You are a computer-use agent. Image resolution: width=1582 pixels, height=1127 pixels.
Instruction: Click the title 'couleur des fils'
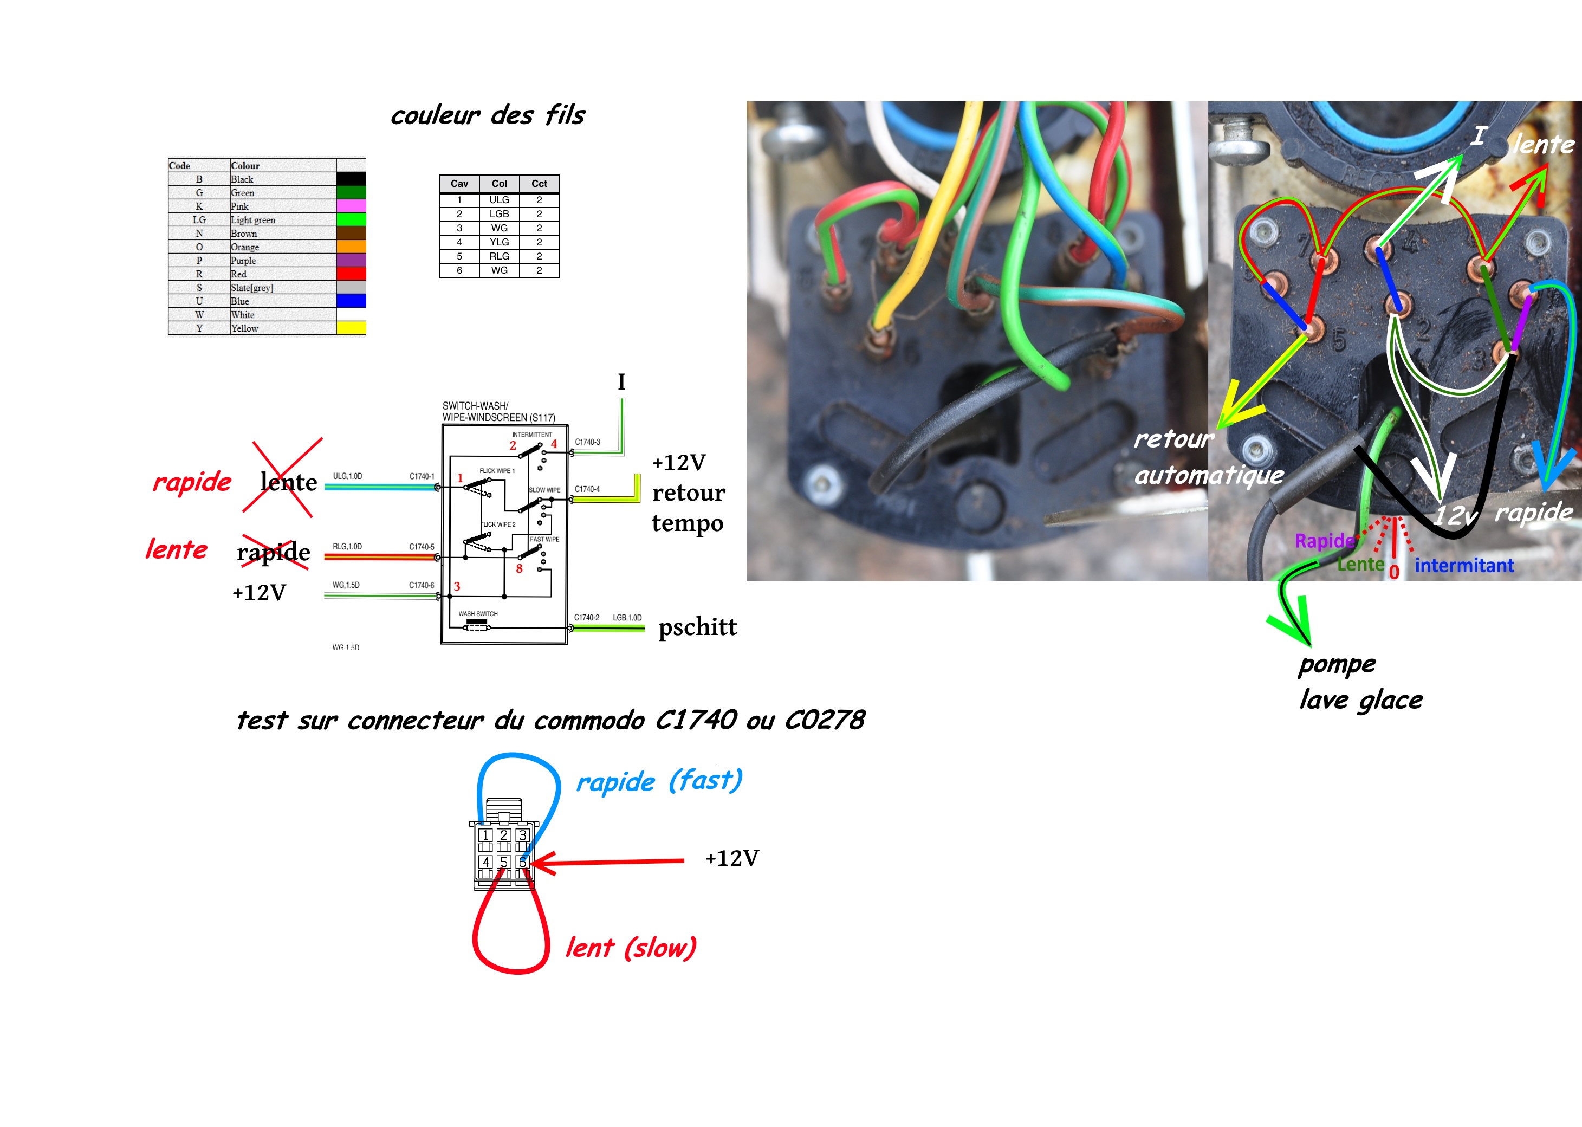pos(488,115)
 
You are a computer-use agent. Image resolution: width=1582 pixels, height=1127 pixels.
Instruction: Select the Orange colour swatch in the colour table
pos(351,247)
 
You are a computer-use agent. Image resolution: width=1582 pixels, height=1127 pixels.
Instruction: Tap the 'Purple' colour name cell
pos(244,260)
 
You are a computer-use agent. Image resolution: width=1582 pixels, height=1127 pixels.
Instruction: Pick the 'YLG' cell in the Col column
pos(499,242)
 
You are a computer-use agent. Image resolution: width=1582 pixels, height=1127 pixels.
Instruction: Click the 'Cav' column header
pos(459,183)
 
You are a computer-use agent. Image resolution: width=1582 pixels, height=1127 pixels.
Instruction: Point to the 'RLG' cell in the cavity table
pos(499,256)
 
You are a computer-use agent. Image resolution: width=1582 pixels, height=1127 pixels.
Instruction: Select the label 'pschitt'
pos(697,627)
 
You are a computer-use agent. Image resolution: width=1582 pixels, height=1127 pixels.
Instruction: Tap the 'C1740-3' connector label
pos(587,442)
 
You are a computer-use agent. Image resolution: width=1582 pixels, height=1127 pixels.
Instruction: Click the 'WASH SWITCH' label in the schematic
pos(477,613)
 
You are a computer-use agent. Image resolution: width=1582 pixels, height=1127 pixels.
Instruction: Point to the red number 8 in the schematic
pos(519,568)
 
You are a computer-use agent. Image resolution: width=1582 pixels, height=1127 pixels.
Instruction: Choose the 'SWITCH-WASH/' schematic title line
pos(475,405)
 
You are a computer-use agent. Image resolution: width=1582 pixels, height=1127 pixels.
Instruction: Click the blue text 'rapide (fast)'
pos(659,781)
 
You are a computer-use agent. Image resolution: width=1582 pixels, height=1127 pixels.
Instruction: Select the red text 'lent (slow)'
pos(631,947)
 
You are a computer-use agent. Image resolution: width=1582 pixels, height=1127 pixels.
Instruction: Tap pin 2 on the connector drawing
pos(504,835)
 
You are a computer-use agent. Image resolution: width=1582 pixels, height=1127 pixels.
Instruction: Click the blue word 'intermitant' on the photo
pos(1464,566)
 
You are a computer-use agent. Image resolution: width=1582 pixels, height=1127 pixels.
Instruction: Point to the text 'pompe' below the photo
pos(1337,665)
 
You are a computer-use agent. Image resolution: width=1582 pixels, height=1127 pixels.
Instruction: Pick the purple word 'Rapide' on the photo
pos(1325,541)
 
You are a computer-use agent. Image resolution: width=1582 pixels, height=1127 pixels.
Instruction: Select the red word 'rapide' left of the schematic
pos(191,482)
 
